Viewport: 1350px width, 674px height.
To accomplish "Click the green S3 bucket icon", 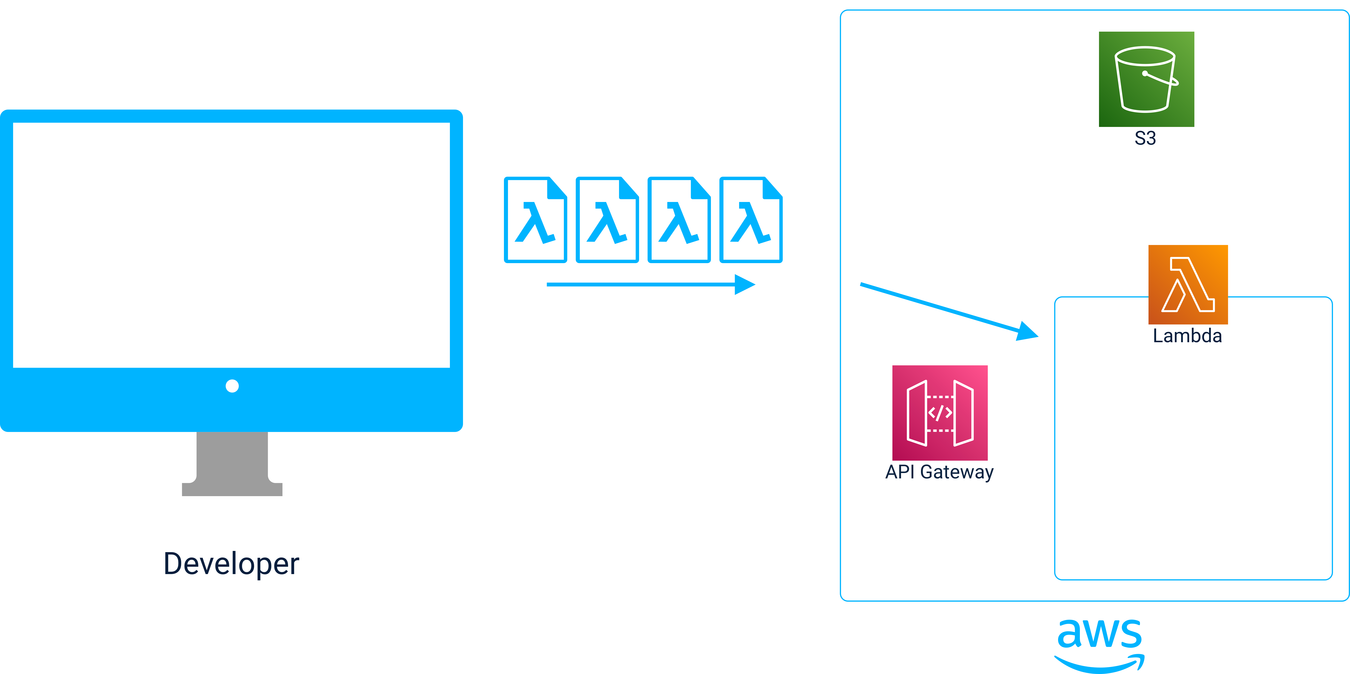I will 1146,79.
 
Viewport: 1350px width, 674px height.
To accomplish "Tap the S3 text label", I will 1145,138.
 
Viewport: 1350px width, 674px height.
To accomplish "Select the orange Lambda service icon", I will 1188,284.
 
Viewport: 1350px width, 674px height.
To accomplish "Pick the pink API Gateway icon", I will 940,413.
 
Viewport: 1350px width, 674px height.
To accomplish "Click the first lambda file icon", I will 535,220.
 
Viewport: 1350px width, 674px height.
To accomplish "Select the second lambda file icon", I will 607,220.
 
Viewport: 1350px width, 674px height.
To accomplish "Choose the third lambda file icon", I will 679,220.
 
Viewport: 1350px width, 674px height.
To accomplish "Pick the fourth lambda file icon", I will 750,220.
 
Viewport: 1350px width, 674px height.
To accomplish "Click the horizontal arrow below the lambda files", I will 650,284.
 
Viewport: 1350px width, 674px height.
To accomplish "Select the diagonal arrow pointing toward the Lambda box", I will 949,310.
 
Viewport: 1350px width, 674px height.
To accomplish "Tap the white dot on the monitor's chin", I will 232,386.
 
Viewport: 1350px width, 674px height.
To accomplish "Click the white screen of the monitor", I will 231,245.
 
